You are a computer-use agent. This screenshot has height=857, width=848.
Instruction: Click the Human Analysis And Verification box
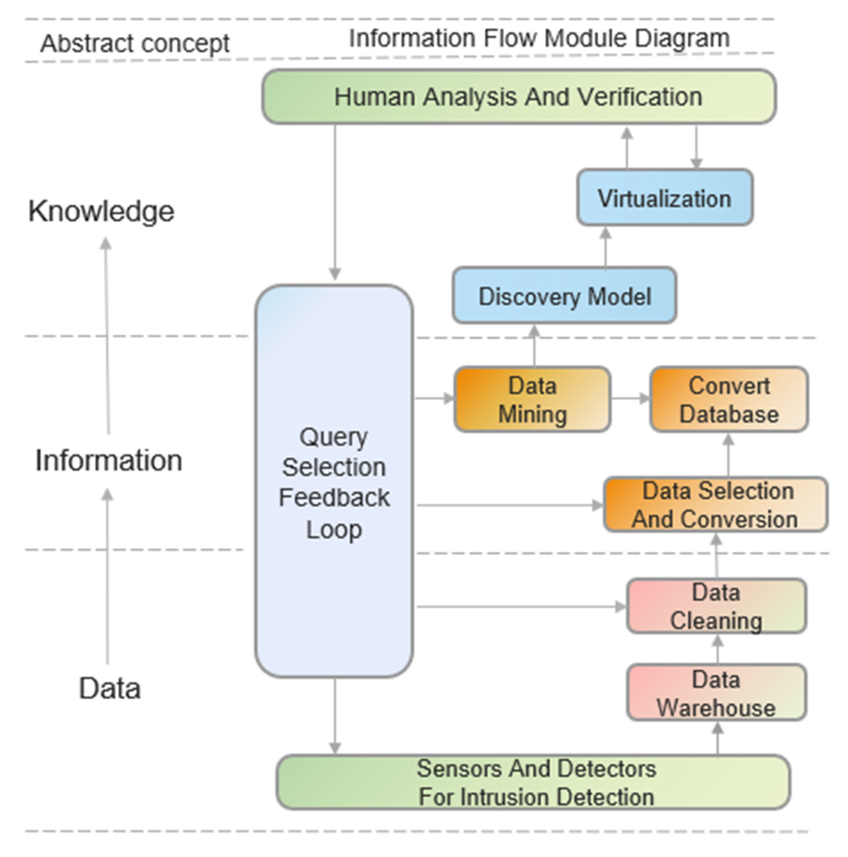(518, 97)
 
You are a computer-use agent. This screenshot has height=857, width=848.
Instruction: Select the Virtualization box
(664, 198)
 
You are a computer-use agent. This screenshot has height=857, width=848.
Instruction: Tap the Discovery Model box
(564, 296)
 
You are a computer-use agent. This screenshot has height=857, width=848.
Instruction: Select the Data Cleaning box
(715, 606)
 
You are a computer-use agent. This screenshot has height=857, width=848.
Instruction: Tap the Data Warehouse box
(715, 693)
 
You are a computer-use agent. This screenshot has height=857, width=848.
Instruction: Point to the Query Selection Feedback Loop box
(334, 482)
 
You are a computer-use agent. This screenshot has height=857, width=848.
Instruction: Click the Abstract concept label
(135, 44)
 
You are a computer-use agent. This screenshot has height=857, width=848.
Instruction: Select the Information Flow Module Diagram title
(539, 38)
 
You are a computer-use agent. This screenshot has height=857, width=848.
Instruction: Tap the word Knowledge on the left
(101, 211)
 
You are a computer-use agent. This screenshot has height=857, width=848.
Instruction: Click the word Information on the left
(109, 460)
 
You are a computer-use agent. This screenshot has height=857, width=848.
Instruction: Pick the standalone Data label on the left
(110, 689)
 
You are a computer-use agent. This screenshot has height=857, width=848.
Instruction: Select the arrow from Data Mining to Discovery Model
(534, 346)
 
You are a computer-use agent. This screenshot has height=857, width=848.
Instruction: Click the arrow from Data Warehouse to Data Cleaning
(718, 649)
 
